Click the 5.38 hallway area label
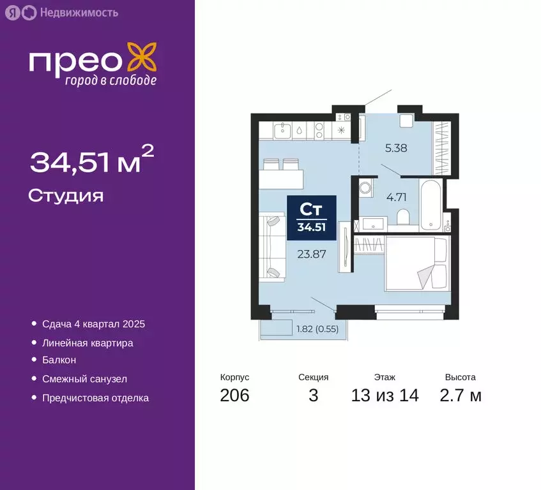(x=396, y=149)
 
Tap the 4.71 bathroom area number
(x=396, y=197)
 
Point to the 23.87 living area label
(x=312, y=253)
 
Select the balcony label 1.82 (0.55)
(x=317, y=329)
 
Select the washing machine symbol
(x=366, y=188)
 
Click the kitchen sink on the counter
(x=283, y=131)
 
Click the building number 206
(x=234, y=396)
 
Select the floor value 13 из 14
(x=385, y=396)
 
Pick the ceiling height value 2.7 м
(x=460, y=396)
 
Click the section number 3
(x=313, y=396)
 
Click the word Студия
(x=66, y=195)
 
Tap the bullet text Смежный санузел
(x=84, y=379)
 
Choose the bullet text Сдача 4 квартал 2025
(x=93, y=324)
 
